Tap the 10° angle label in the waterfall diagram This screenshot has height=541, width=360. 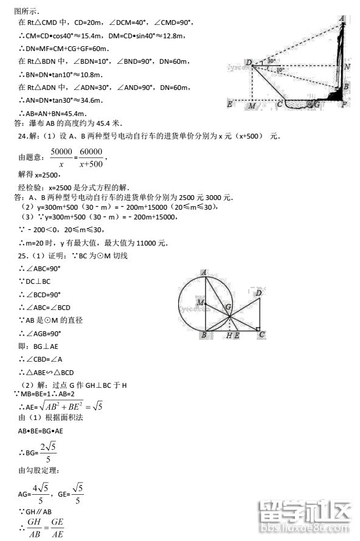coord(279,70)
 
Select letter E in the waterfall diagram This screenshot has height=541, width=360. coord(230,105)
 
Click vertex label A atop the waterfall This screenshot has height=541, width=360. coord(342,19)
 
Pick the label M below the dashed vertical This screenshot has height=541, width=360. coord(252,106)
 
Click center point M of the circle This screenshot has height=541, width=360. coord(199,302)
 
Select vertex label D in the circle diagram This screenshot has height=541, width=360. coord(258,293)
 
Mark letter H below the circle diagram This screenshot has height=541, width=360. coord(229,336)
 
